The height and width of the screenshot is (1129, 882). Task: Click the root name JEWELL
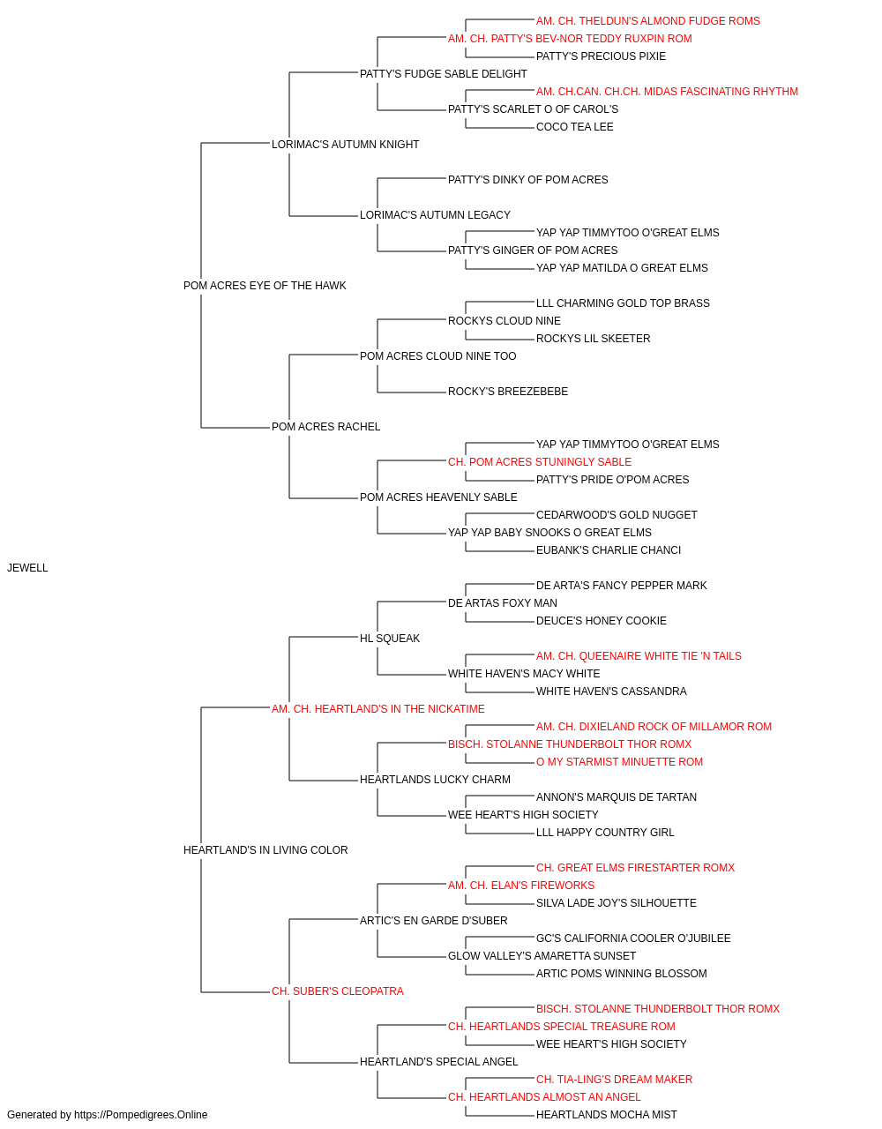click(x=27, y=568)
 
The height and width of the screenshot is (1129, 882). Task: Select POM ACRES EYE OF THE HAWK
click(x=265, y=286)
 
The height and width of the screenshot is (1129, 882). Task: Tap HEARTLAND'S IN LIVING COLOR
click(x=265, y=850)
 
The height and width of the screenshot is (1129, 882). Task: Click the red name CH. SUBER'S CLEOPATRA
click(x=337, y=991)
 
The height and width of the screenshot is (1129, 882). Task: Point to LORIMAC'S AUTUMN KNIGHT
click(x=345, y=145)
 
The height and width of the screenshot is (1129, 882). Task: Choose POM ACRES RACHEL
click(x=325, y=427)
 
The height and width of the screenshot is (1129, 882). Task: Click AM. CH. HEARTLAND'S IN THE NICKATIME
click(x=377, y=709)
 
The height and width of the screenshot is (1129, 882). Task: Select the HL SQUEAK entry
click(x=390, y=639)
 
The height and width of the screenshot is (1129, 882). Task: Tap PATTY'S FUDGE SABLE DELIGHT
click(x=443, y=74)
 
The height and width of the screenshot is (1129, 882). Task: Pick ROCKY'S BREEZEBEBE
click(x=507, y=392)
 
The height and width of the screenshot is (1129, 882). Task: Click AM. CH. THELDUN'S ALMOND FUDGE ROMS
click(x=647, y=21)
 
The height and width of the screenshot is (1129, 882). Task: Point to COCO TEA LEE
click(x=574, y=127)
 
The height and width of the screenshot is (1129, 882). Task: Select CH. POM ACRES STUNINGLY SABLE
click(x=540, y=462)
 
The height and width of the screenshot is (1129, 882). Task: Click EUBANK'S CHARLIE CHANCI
click(x=609, y=550)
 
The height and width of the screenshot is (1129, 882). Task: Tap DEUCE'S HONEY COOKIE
click(x=601, y=621)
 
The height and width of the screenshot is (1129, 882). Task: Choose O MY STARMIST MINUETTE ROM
click(x=619, y=762)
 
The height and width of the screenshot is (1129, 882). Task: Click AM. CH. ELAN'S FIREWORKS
click(x=521, y=886)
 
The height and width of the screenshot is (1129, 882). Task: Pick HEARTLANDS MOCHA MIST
click(x=606, y=1115)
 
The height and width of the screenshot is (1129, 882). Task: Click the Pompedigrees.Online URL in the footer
click(x=140, y=1115)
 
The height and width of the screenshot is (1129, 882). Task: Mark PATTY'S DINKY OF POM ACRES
click(x=527, y=180)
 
